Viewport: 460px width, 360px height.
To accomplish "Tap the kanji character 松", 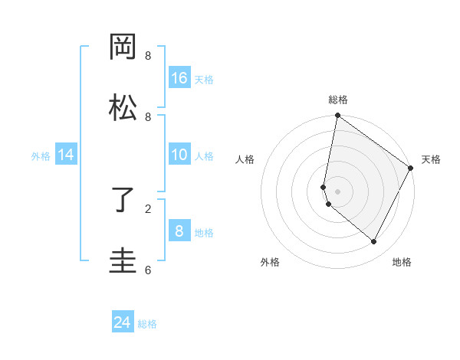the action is [x=123, y=107].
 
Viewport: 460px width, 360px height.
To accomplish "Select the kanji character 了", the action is [x=123, y=200].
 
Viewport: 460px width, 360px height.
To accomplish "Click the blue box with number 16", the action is [x=179, y=77].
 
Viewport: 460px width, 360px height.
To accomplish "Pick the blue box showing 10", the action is [x=179, y=155].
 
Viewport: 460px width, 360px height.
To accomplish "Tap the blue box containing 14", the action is [x=66, y=155].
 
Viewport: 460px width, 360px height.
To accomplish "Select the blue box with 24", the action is [x=123, y=322].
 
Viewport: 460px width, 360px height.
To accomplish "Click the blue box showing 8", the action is [x=179, y=231].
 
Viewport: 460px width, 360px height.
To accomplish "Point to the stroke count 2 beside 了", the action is [x=148, y=208].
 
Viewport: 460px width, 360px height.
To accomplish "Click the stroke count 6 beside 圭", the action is [x=148, y=270].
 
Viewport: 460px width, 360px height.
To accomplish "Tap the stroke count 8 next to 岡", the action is [x=148, y=56].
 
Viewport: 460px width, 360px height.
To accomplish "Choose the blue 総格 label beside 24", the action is [x=147, y=324].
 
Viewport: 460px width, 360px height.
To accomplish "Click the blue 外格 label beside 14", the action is [x=41, y=155].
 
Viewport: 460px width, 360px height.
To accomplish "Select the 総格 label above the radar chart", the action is [x=337, y=100].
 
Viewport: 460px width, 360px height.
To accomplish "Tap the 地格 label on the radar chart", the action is [x=402, y=263].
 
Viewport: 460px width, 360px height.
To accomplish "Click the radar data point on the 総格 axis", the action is [x=337, y=116].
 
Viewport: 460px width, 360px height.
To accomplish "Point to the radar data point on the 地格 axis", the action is [x=374, y=242].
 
